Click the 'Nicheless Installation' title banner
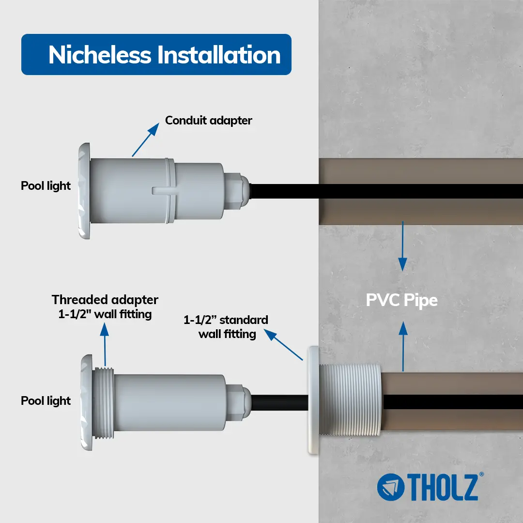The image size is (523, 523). click(x=156, y=54)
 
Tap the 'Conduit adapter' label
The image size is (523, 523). click(x=208, y=121)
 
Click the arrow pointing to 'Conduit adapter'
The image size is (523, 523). click(x=146, y=140)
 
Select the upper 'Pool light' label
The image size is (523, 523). click(x=46, y=186)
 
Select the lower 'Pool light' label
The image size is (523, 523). click(x=46, y=400)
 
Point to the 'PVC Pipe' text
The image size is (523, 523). click(x=401, y=300)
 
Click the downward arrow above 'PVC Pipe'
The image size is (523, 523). click(x=402, y=246)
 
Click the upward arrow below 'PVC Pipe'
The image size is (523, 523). click(x=403, y=346)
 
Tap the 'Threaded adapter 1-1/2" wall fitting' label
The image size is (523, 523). click(x=105, y=307)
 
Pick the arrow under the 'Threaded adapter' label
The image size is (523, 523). click(x=105, y=345)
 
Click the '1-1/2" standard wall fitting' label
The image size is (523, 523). click(x=226, y=327)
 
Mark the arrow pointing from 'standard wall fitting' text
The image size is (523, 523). click(x=283, y=345)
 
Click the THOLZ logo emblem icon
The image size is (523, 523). click(x=391, y=487)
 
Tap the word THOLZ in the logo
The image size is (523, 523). click(x=443, y=487)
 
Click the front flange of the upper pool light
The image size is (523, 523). click(x=84, y=191)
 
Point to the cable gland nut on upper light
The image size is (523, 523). click(x=236, y=191)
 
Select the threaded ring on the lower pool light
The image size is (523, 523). click(x=103, y=403)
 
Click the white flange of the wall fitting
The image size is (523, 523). click(x=313, y=400)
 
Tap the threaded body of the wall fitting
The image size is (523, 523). click(x=350, y=400)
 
